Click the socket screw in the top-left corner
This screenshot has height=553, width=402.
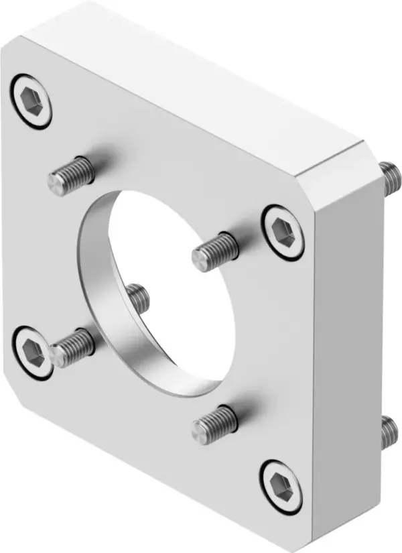31,102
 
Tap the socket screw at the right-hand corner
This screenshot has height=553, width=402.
282,231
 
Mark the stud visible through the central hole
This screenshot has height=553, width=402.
137,297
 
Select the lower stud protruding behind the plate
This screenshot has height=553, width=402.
388,432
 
